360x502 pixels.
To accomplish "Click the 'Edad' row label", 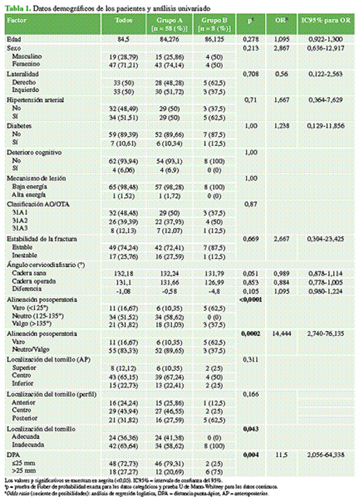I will pyautogui.click(x=12, y=39).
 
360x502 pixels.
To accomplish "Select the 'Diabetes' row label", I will pyautogui.click(x=18, y=126).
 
